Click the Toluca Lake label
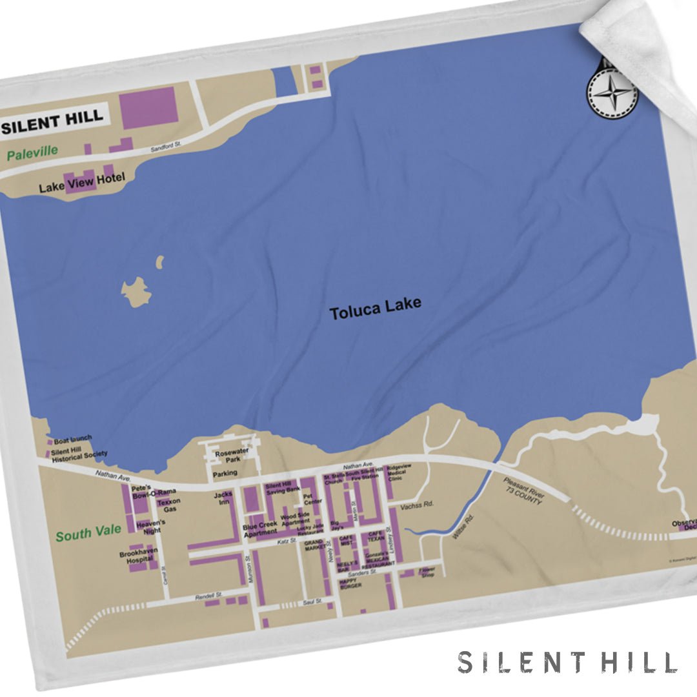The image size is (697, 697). pos(375,308)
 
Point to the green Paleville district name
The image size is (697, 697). pos(32,152)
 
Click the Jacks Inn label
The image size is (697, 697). pos(223,499)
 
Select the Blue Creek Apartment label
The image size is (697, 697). pos(260,529)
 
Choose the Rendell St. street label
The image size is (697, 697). pos(208,597)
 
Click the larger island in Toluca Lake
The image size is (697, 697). pos(136,292)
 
